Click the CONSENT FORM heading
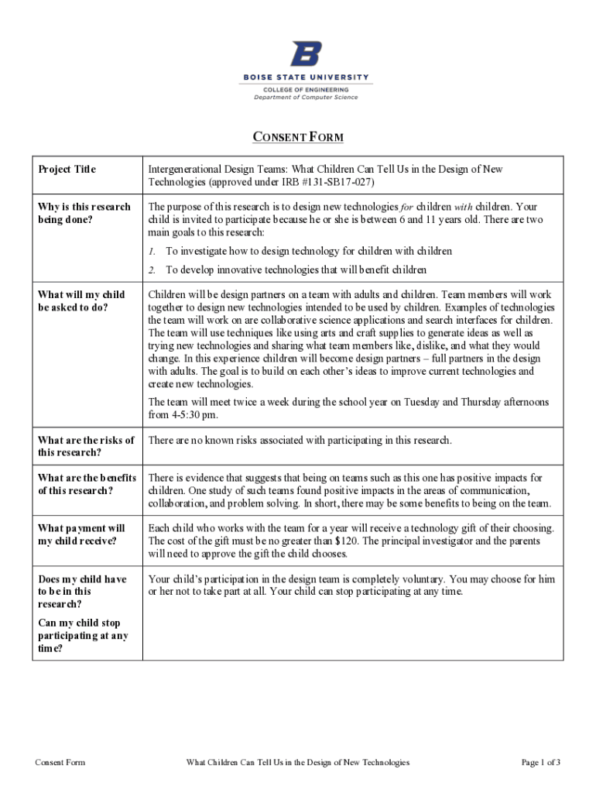pyautogui.click(x=299, y=138)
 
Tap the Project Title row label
pyautogui.click(x=67, y=170)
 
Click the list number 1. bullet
pyautogui.click(x=152, y=251)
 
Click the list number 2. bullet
pyautogui.click(x=152, y=269)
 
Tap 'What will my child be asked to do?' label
pyautogui.click(x=81, y=300)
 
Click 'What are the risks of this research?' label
pyautogui.click(x=86, y=446)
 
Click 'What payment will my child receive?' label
pyautogui.click(x=81, y=534)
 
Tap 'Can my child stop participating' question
pyautogui.click(x=83, y=636)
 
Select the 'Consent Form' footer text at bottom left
pyautogui.click(x=60, y=763)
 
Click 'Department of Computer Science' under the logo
pyautogui.click(x=306, y=98)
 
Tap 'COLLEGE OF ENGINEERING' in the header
pyautogui.click(x=306, y=89)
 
